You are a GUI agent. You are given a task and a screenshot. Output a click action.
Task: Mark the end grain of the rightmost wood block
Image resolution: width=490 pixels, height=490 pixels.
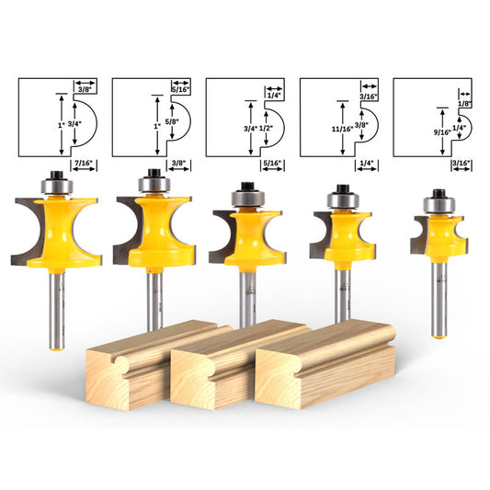coord(286,378)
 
